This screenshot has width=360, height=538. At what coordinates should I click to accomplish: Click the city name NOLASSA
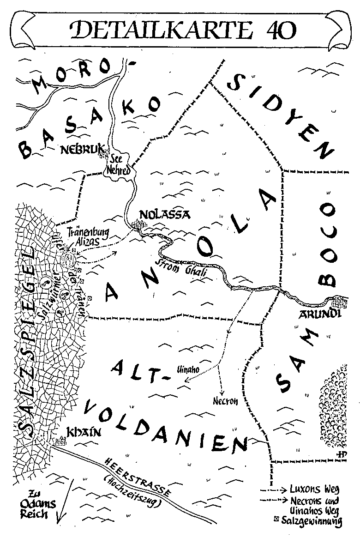[x=158, y=215]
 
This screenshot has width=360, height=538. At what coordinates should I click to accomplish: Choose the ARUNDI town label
[x=322, y=314]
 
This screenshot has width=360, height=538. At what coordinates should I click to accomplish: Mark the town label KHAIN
[x=83, y=432]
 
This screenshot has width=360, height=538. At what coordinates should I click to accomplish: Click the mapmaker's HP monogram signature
[x=342, y=454]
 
